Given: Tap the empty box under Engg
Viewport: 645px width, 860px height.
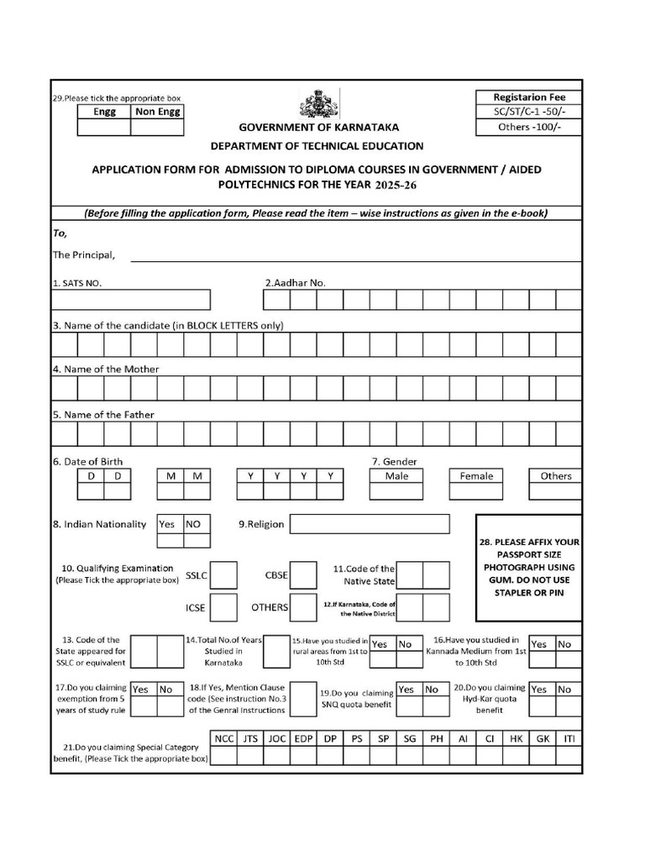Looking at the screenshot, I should pyautogui.click(x=104, y=128).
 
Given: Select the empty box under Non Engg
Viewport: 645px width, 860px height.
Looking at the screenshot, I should pyautogui.click(x=157, y=128).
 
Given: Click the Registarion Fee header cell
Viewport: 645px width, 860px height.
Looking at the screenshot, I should pyautogui.click(x=529, y=97).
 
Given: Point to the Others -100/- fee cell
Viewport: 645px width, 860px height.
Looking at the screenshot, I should pyautogui.click(x=529, y=127).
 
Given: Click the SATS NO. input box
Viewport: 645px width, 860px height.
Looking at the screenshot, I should pyautogui.click(x=131, y=300).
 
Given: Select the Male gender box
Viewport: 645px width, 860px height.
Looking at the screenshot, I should pyautogui.click(x=396, y=476).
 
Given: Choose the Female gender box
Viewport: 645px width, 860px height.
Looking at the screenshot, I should pyautogui.click(x=476, y=476).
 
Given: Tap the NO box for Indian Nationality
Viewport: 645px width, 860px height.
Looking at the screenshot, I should pyautogui.click(x=193, y=524).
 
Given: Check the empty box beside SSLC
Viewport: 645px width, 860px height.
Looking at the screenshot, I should pyautogui.click(x=223, y=575).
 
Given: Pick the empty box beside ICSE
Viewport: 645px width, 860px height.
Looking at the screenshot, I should pyautogui.click(x=223, y=606).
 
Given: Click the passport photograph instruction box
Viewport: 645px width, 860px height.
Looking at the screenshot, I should pyautogui.click(x=528, y=568).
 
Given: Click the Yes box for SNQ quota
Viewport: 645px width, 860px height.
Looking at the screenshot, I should pyautogui.click(x=406, y=690).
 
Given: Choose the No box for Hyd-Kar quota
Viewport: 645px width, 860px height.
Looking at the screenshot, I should pyautogui.click(x=564, y=690).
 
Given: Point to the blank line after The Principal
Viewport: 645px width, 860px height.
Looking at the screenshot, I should pyautogui.click(x=353, y=255).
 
